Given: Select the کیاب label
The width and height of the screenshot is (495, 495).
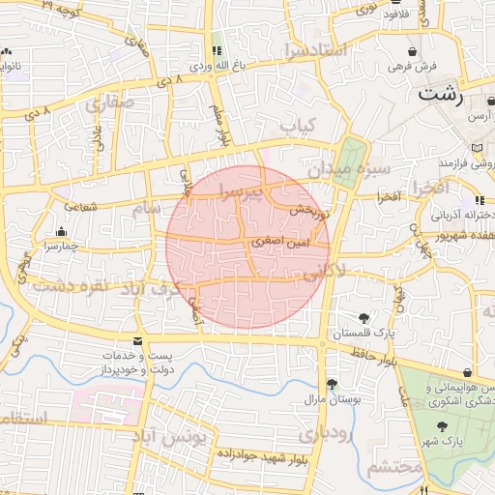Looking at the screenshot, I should click(298, 127).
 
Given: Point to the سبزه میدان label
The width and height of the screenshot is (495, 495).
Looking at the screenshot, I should click(349, 170).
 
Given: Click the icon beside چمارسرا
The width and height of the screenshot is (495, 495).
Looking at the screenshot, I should click(62, 232).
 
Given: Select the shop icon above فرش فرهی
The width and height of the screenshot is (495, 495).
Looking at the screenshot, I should click(414, 52).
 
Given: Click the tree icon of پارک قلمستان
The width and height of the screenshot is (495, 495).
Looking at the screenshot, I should click(364, 318).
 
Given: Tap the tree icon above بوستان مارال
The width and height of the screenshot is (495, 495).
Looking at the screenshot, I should click(332, 384).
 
